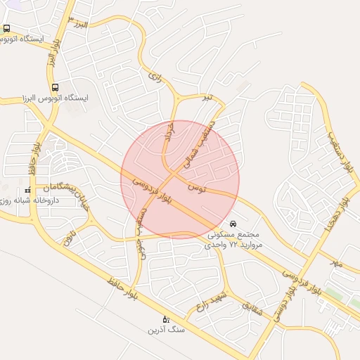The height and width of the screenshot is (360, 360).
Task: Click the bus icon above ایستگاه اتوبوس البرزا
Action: point(56,88)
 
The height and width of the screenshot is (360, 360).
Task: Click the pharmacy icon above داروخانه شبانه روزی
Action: point(28,191)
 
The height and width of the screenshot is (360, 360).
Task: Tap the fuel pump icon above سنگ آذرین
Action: point(166,319)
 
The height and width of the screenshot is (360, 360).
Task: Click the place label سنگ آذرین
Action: point(166,328)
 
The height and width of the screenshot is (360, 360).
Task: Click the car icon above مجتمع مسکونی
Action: point(233,224)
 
